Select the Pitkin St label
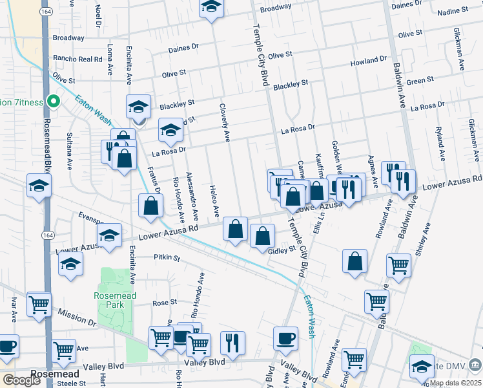click(x=166, y=257)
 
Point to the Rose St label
click(x=165, y=303)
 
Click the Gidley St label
click(x=282, y=250)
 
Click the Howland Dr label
click(x=369, y=61)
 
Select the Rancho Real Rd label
click(x=78, y=59)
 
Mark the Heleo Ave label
click(x=214, y=201)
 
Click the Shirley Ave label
click(x=425, y=241)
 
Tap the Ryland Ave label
click(x=441, y=144)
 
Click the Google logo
click(x=21, y=380)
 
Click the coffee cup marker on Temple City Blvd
click(x=285, y=337)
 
